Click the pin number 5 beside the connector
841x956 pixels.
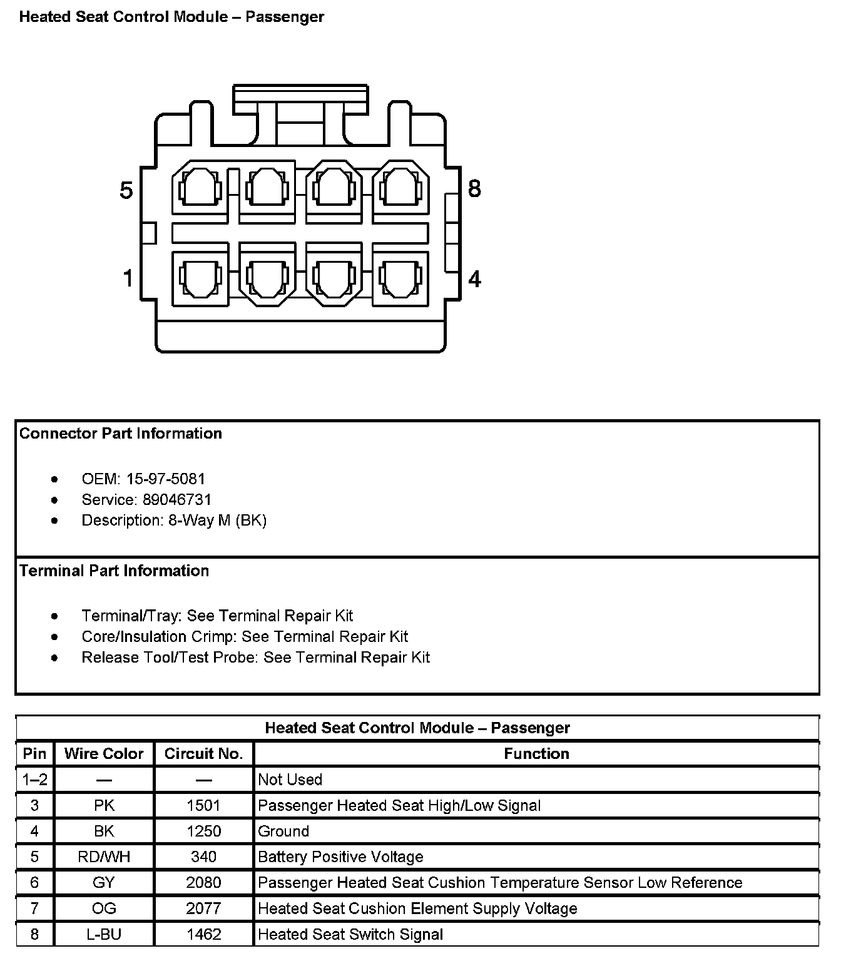(x=126, y=190)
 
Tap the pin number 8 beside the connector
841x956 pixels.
(x=475, y=188)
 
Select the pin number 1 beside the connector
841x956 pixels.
(x=128, y=278)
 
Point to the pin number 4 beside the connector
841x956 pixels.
(x=475, y=278)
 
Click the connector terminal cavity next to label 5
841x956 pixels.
(x=200, y=189)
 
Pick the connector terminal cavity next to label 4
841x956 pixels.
(x=400, y=277)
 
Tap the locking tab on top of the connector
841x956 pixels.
(x=300, y=100)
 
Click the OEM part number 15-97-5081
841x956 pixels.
(x=166, y=479)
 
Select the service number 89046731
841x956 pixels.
(x=177, y=500)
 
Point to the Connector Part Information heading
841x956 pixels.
(x=121, y=434)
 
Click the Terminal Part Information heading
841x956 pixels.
(x=114, y=571)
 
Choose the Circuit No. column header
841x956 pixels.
(x=203, y=754)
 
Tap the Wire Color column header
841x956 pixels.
(x=104, y=754)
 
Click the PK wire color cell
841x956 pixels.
(x=104, y=805)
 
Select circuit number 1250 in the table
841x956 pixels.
(x=203, y=831)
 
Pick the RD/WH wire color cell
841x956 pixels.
(x=104, y=857)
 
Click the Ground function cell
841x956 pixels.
(x=283, y=831)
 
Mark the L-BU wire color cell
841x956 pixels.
(x=104, y=934)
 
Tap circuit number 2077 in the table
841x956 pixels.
(x=203, y=908)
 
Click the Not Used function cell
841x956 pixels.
(x=290, y=780)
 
